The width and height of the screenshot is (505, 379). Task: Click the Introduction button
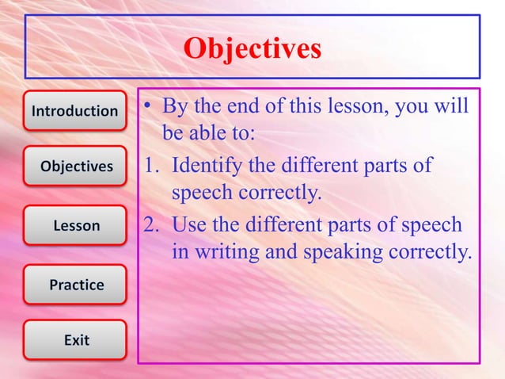point(74,111)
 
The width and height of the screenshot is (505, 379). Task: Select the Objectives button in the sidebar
point(76,167)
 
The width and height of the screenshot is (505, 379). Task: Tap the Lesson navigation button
point(76,226)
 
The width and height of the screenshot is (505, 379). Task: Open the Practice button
point(76,285)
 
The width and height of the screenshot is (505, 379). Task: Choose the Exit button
point(76,340)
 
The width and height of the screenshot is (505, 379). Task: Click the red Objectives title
point(252,49)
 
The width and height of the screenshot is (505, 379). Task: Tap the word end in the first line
point(245,106)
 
